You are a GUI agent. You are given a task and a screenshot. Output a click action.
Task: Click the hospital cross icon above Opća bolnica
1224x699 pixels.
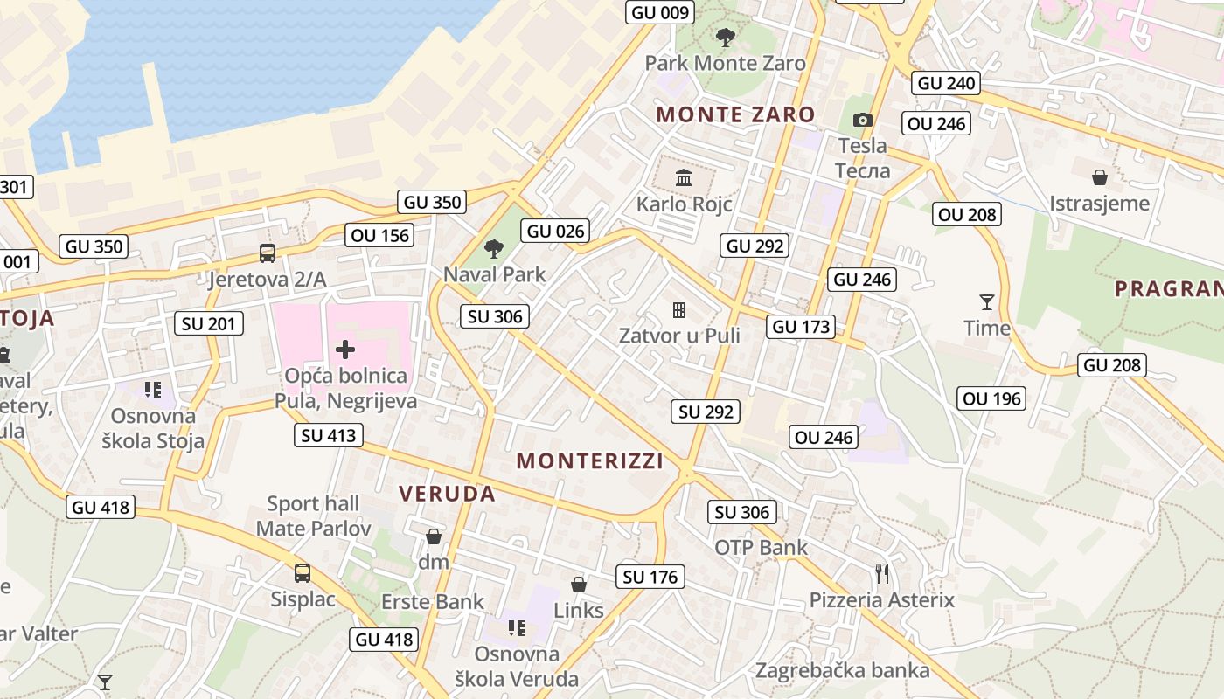pyautogui.click(x=345, y=350)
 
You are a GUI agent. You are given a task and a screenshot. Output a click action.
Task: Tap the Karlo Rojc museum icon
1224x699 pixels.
pyautogui.click(x=684, y=178)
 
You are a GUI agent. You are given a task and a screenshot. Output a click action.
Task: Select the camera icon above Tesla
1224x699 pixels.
pyautogui.click(x=863, y=120)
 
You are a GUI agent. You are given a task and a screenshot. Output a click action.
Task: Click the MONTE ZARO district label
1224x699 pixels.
pyautogui.click(x=735, y=114)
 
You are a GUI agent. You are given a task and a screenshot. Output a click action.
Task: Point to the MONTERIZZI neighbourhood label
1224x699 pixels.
pyautogui.click(x=589, y=460)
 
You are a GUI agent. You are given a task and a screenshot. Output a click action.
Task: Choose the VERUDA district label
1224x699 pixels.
pyautogui.click(x=447, y=494)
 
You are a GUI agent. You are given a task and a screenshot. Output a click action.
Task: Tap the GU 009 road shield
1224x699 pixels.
pyautogui.click(x=660, y=12)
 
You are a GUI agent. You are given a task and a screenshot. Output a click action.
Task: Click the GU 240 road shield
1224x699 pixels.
pyautogui.click(x=945, y=83)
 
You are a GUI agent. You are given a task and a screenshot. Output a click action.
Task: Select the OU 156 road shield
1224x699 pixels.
pyautogui.click(x=379, y=235)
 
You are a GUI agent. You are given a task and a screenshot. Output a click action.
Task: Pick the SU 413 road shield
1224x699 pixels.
pyautogui.click(x=329, y=434)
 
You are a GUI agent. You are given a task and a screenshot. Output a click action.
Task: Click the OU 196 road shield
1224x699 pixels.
pyautogui.click(x=991, y=399)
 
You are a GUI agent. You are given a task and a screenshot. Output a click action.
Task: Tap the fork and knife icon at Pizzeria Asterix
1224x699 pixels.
pyautogui.click(x=882, y=574)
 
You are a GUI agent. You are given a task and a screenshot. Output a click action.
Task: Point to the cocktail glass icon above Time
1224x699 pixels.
pyautogui.click(x=987, y=302)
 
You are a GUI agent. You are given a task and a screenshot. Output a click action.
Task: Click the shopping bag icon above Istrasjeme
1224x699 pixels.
pyautogui.click(x=1100, y=177)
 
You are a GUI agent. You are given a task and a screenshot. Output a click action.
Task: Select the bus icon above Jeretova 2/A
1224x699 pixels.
pyautogui.click(x=268, y=253)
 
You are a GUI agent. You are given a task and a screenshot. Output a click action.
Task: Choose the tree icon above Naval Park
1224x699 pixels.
pyautogui.click(x=494, y=248)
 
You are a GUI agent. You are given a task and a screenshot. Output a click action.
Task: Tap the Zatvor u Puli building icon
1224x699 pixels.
pyautogui.click(x=679, y=309)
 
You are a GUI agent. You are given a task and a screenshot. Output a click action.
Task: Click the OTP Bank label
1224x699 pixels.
pyautogui.click(x=761, y=548)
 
